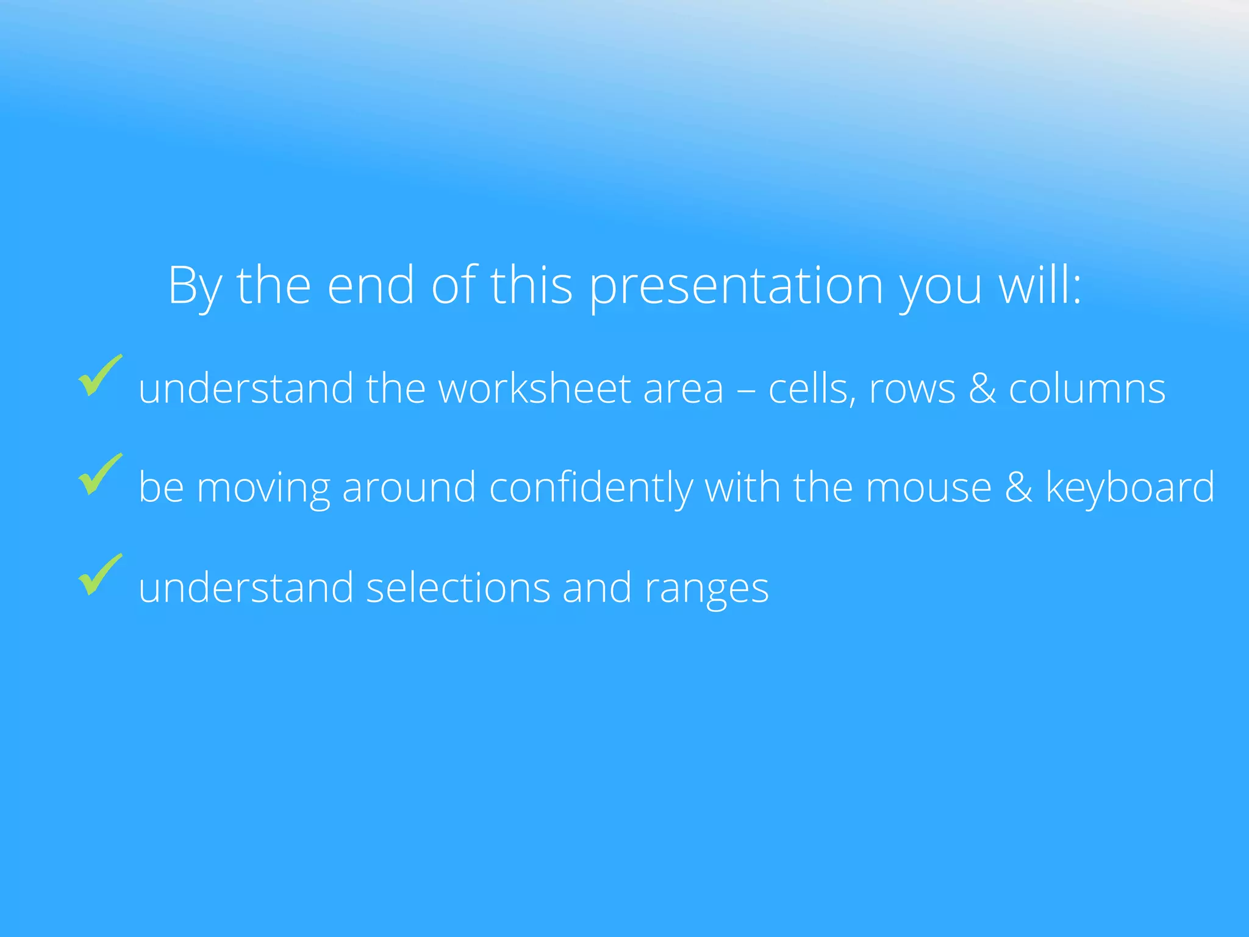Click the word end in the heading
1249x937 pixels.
(371, 285)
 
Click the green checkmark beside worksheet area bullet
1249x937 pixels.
(99, 376)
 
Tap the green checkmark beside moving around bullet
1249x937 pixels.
(99, 475)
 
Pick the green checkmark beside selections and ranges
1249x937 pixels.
(99, 575)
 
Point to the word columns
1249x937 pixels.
(1087, 389)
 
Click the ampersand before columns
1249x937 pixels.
(982, 389)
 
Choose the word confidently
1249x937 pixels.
(590, 488)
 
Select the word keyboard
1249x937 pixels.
(1129, 488)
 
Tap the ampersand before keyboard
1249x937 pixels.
(1018, 488)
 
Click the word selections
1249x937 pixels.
(457, 587)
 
